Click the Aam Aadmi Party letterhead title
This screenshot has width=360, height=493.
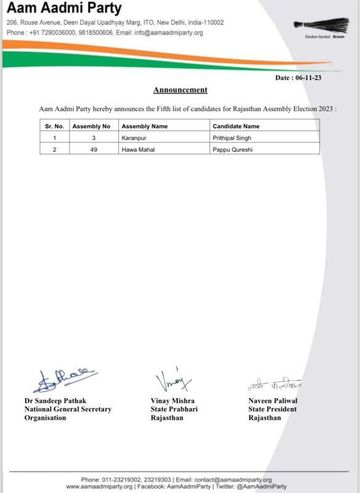tap(64, 9)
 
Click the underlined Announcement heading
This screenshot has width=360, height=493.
tap(180, 90)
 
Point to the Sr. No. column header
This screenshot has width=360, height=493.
tap(54, 126)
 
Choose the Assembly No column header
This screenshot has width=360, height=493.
tap(91, 126)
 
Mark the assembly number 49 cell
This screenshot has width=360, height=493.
tap(93, 149)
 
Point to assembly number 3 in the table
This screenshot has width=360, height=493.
tap(93, 137)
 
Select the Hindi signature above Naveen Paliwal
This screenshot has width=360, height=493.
tap(274, 385)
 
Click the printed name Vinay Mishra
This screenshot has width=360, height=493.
tap(173, 401)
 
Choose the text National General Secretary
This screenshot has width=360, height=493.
tap(68, 409)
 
